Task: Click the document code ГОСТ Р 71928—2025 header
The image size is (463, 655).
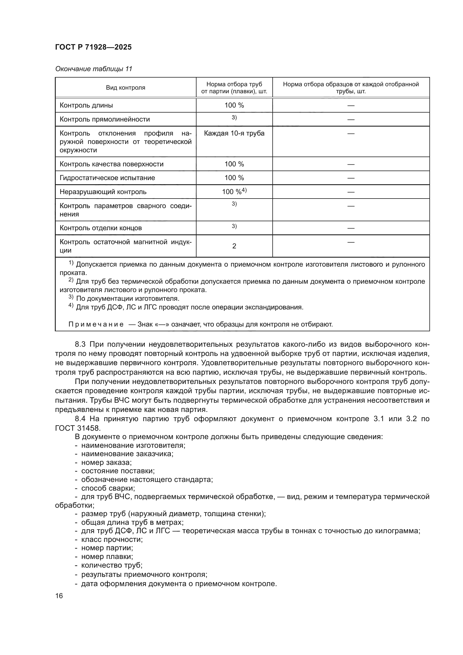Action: [x=93, y=47]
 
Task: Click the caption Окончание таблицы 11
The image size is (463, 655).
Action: [x=93, y=69]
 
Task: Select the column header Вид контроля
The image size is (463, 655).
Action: [x=125, y=88]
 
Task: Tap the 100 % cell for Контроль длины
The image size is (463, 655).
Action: [x=234, y=105]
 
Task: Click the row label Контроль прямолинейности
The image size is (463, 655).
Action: [x=105, y=119]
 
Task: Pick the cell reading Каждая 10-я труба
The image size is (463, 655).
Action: [x=234, y=134]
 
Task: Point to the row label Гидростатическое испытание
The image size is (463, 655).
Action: [x=107, y=178]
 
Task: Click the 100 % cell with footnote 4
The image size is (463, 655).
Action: [x=234, y=192]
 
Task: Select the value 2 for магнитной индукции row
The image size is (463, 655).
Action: [x=234, y=246]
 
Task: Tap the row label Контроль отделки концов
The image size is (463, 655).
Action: [x=101, y=228]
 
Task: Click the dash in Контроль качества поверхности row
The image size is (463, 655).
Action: [x=351, y=164]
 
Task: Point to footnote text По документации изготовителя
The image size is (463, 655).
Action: [x=127, y=299]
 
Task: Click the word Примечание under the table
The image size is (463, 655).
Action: [x=96, y=324]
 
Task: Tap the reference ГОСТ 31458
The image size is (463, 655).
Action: [x=78, y=428]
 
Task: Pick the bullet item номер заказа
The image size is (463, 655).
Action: [x=106, y=462]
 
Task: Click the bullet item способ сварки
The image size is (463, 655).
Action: [x=108, y=488]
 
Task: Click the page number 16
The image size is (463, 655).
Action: [x=59, y=596]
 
